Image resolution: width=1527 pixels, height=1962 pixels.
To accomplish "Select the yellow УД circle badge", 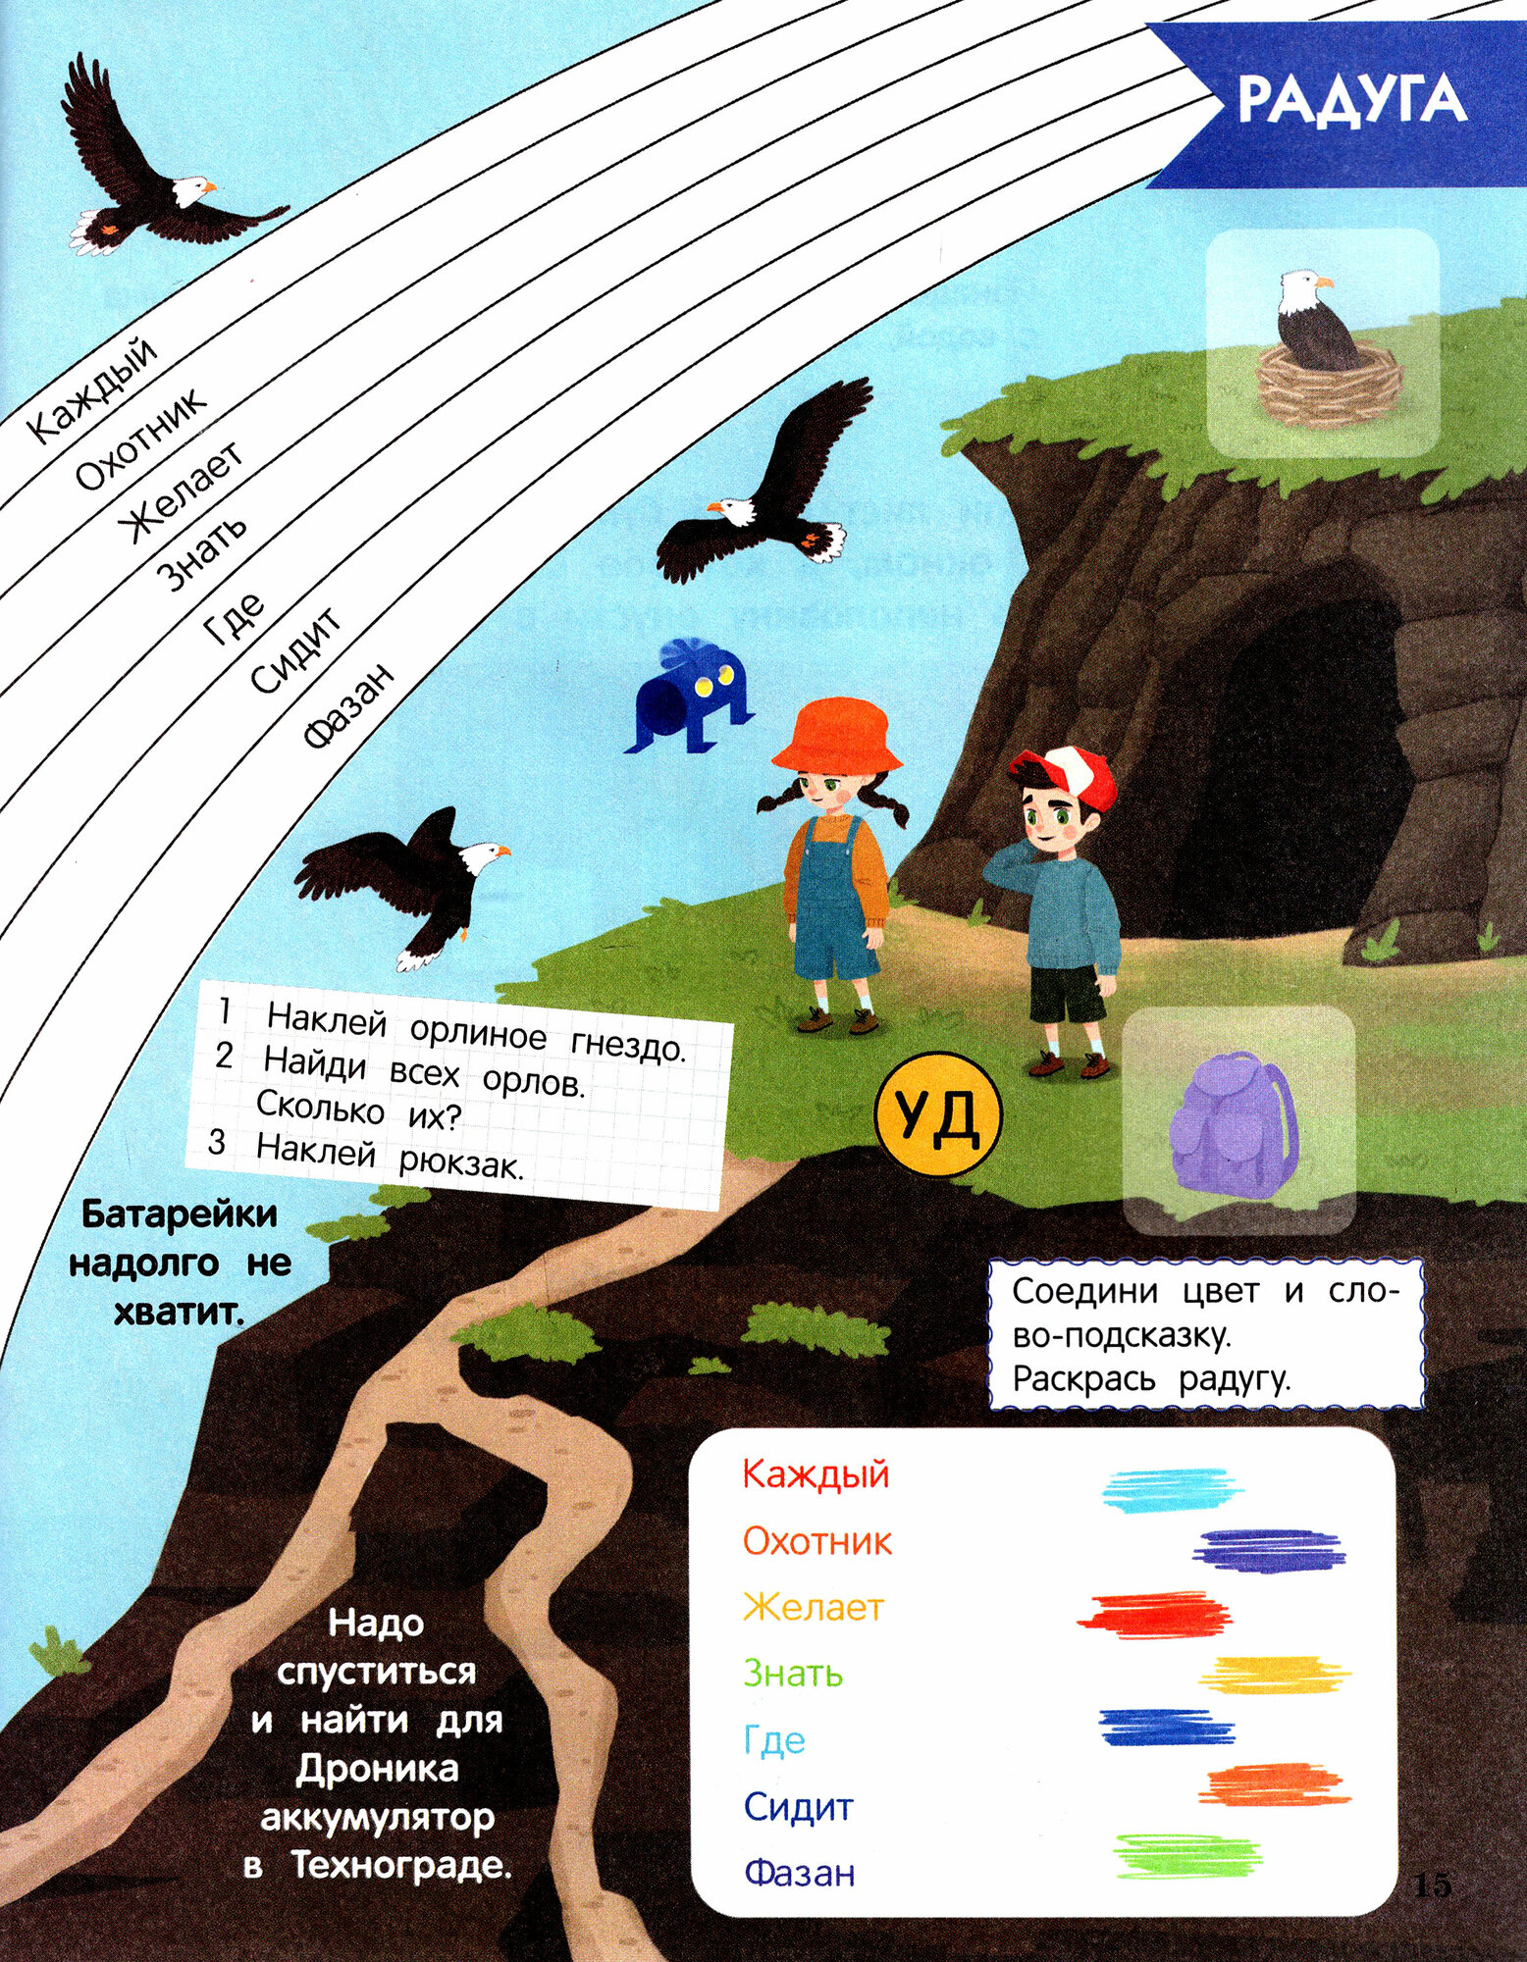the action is point(937,1116).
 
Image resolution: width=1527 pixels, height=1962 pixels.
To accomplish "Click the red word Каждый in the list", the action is point(816,1474).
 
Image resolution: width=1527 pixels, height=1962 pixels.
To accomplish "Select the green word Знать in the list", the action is point(792,1673).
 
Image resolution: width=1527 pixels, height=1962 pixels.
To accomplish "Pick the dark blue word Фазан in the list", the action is point(799,1873).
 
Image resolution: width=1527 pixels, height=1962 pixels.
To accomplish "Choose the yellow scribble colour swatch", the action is point(1275,1674).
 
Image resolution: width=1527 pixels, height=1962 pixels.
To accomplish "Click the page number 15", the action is point(1432,1885).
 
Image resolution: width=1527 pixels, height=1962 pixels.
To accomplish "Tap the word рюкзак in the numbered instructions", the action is point(460,1164).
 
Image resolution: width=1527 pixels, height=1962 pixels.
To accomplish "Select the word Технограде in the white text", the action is point(402,1864).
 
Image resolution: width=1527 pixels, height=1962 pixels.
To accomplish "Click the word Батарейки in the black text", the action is point(180,1214).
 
